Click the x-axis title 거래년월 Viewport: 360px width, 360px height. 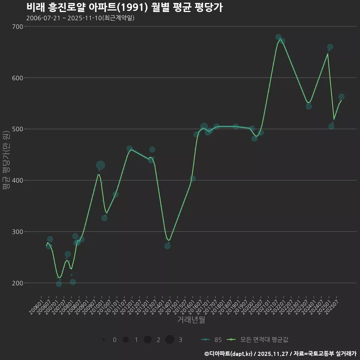tap(191, 320)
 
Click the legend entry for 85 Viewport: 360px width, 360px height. tap(211, 340)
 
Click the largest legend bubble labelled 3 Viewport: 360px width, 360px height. tap(169, 340)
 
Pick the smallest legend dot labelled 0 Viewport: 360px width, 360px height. tap(103, 340)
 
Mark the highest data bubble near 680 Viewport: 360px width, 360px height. tap(278, 37)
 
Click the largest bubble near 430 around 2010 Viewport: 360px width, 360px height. tap(100, 165)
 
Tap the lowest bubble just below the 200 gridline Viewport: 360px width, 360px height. tap(59, 284)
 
